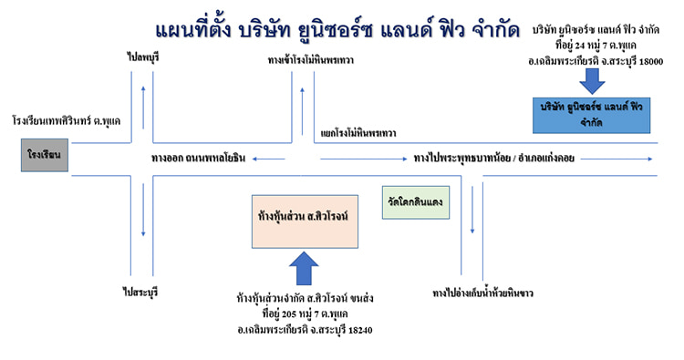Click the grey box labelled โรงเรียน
point(43,156)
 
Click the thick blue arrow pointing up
point(304,269)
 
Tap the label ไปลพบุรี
point(143,57)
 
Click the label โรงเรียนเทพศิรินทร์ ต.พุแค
point(67,120)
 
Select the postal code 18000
point(647,61)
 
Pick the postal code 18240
point(355,329)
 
